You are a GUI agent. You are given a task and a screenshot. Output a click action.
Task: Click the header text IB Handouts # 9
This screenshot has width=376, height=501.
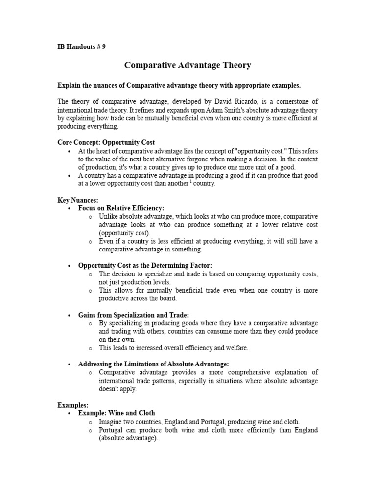[82, 47]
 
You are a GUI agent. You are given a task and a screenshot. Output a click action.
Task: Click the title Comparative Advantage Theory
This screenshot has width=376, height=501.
[188, 65]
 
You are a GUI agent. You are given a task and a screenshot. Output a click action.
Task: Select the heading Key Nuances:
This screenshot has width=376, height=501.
[78, 200]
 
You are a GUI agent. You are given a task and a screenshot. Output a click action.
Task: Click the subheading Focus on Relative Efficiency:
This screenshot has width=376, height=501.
[121, 208]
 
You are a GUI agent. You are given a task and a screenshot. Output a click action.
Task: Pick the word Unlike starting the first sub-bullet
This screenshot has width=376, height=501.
[108, 216]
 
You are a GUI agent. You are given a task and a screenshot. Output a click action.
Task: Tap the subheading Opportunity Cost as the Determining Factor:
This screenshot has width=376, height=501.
[145, 265]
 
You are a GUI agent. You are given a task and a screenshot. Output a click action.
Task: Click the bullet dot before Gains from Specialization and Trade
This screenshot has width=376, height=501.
[70, 315]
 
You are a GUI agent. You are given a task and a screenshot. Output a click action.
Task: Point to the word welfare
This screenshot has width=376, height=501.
[236, 348]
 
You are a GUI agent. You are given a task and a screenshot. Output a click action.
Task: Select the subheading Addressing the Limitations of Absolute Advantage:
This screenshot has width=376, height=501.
[153, 364]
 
